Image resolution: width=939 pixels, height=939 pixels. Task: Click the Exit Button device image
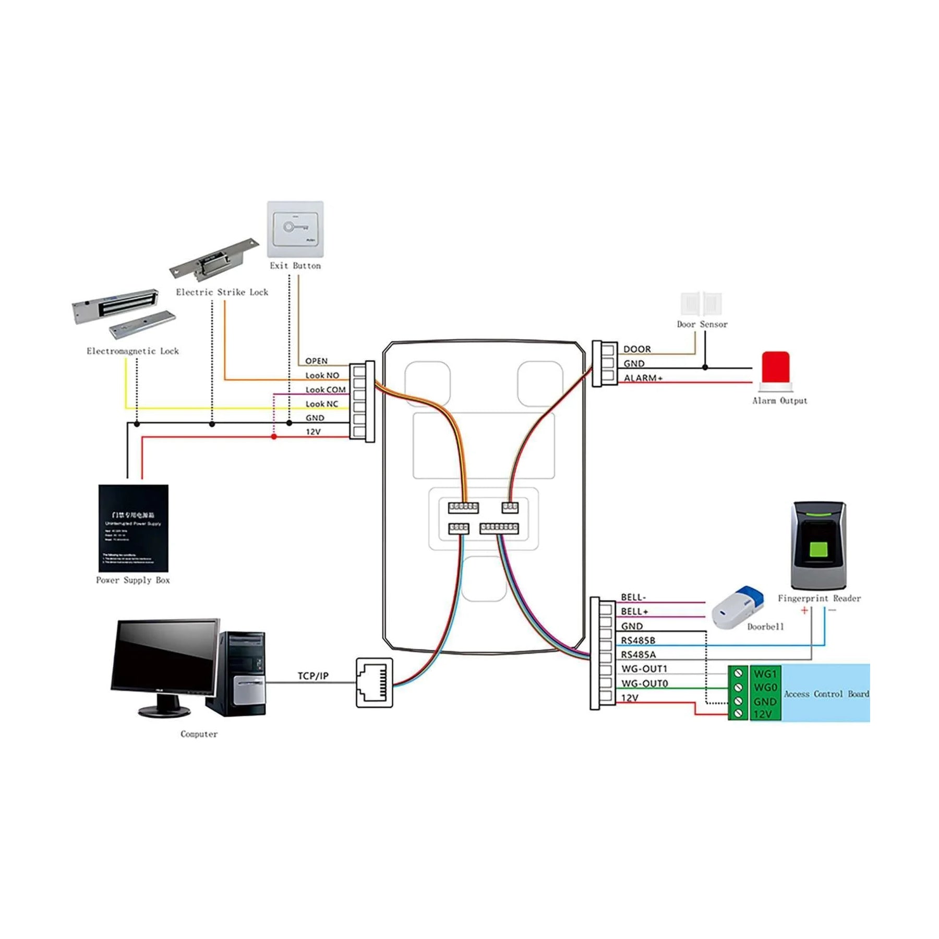(295, 229)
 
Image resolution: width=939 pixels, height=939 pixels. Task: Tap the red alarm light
(776, 368)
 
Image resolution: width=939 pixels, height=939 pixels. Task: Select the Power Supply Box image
(134, 528)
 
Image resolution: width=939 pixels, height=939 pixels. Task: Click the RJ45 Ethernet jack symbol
(374, 682)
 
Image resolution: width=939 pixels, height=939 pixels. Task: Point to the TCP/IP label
(313, 676)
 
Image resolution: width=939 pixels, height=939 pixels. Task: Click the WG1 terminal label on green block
(765, 673)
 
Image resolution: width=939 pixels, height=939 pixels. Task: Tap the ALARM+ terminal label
(643, 378)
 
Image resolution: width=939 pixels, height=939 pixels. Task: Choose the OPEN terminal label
(316, 361)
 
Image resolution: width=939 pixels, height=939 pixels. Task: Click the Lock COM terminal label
(326, 390)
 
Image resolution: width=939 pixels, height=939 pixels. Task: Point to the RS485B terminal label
(637, 640)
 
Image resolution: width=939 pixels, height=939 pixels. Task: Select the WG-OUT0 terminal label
(644, 683)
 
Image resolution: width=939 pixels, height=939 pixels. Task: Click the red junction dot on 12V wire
(274, 437)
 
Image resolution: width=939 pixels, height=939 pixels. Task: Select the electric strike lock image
(214, 259)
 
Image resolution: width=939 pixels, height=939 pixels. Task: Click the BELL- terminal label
(633, 597)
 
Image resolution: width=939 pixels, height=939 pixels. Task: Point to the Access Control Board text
(826, 694)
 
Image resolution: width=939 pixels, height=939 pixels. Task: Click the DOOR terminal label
(637, 349)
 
